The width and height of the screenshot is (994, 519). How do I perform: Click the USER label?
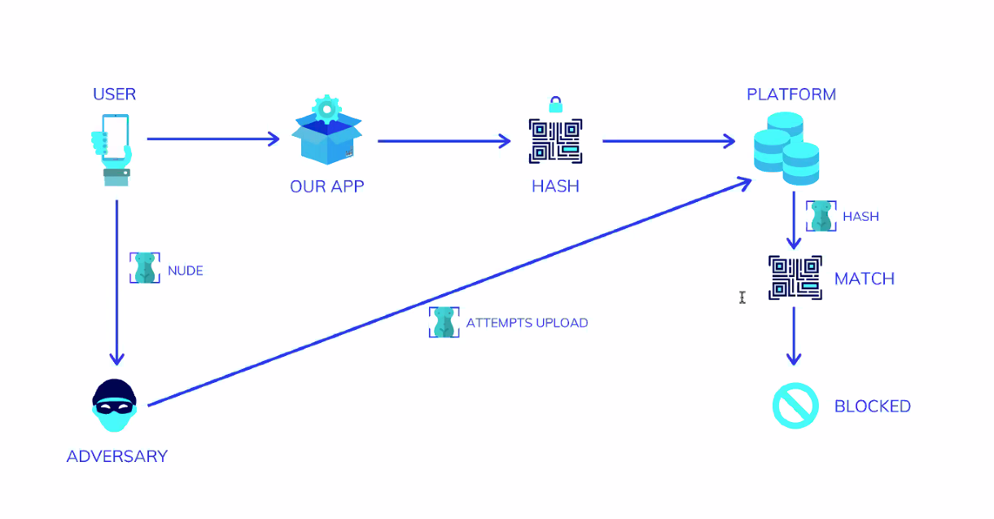click(x=114, y=95)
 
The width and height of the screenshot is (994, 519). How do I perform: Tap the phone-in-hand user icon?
click(x=112, y=149)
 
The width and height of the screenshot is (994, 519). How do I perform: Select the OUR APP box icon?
click(x=327, y=140)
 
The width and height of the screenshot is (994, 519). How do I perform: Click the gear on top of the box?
click(x=326, y=108)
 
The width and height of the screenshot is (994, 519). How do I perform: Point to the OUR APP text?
click(x=327, y=187)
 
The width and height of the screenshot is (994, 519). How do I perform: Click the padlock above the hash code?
click(x=555, y=104)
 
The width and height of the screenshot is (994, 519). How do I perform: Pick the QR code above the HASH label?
click(x=555, y=141)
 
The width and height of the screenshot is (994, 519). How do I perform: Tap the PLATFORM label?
click(x=791, y=95)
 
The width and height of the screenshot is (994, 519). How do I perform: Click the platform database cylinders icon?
click(x=786, y=148)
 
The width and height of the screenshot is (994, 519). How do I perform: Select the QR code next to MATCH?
click(x=795, y=278)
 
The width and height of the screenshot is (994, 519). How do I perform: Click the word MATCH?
click(x=865, y=279)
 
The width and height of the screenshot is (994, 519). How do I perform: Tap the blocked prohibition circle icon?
click(x=795, y=405)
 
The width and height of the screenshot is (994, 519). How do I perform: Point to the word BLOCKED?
click(x=873, y=406)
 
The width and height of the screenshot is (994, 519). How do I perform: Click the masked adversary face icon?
click(x=115, y=406)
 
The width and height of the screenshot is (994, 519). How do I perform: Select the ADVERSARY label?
click(x=116, y=456)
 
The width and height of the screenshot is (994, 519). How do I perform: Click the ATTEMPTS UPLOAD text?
click(x=527, y=323)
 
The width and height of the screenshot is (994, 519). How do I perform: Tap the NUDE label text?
click(x=186, y=270)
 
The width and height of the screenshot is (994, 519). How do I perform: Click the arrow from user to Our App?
click(x=213, y=139)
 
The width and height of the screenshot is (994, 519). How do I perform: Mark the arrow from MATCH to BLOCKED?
click(x=794, y=335)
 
